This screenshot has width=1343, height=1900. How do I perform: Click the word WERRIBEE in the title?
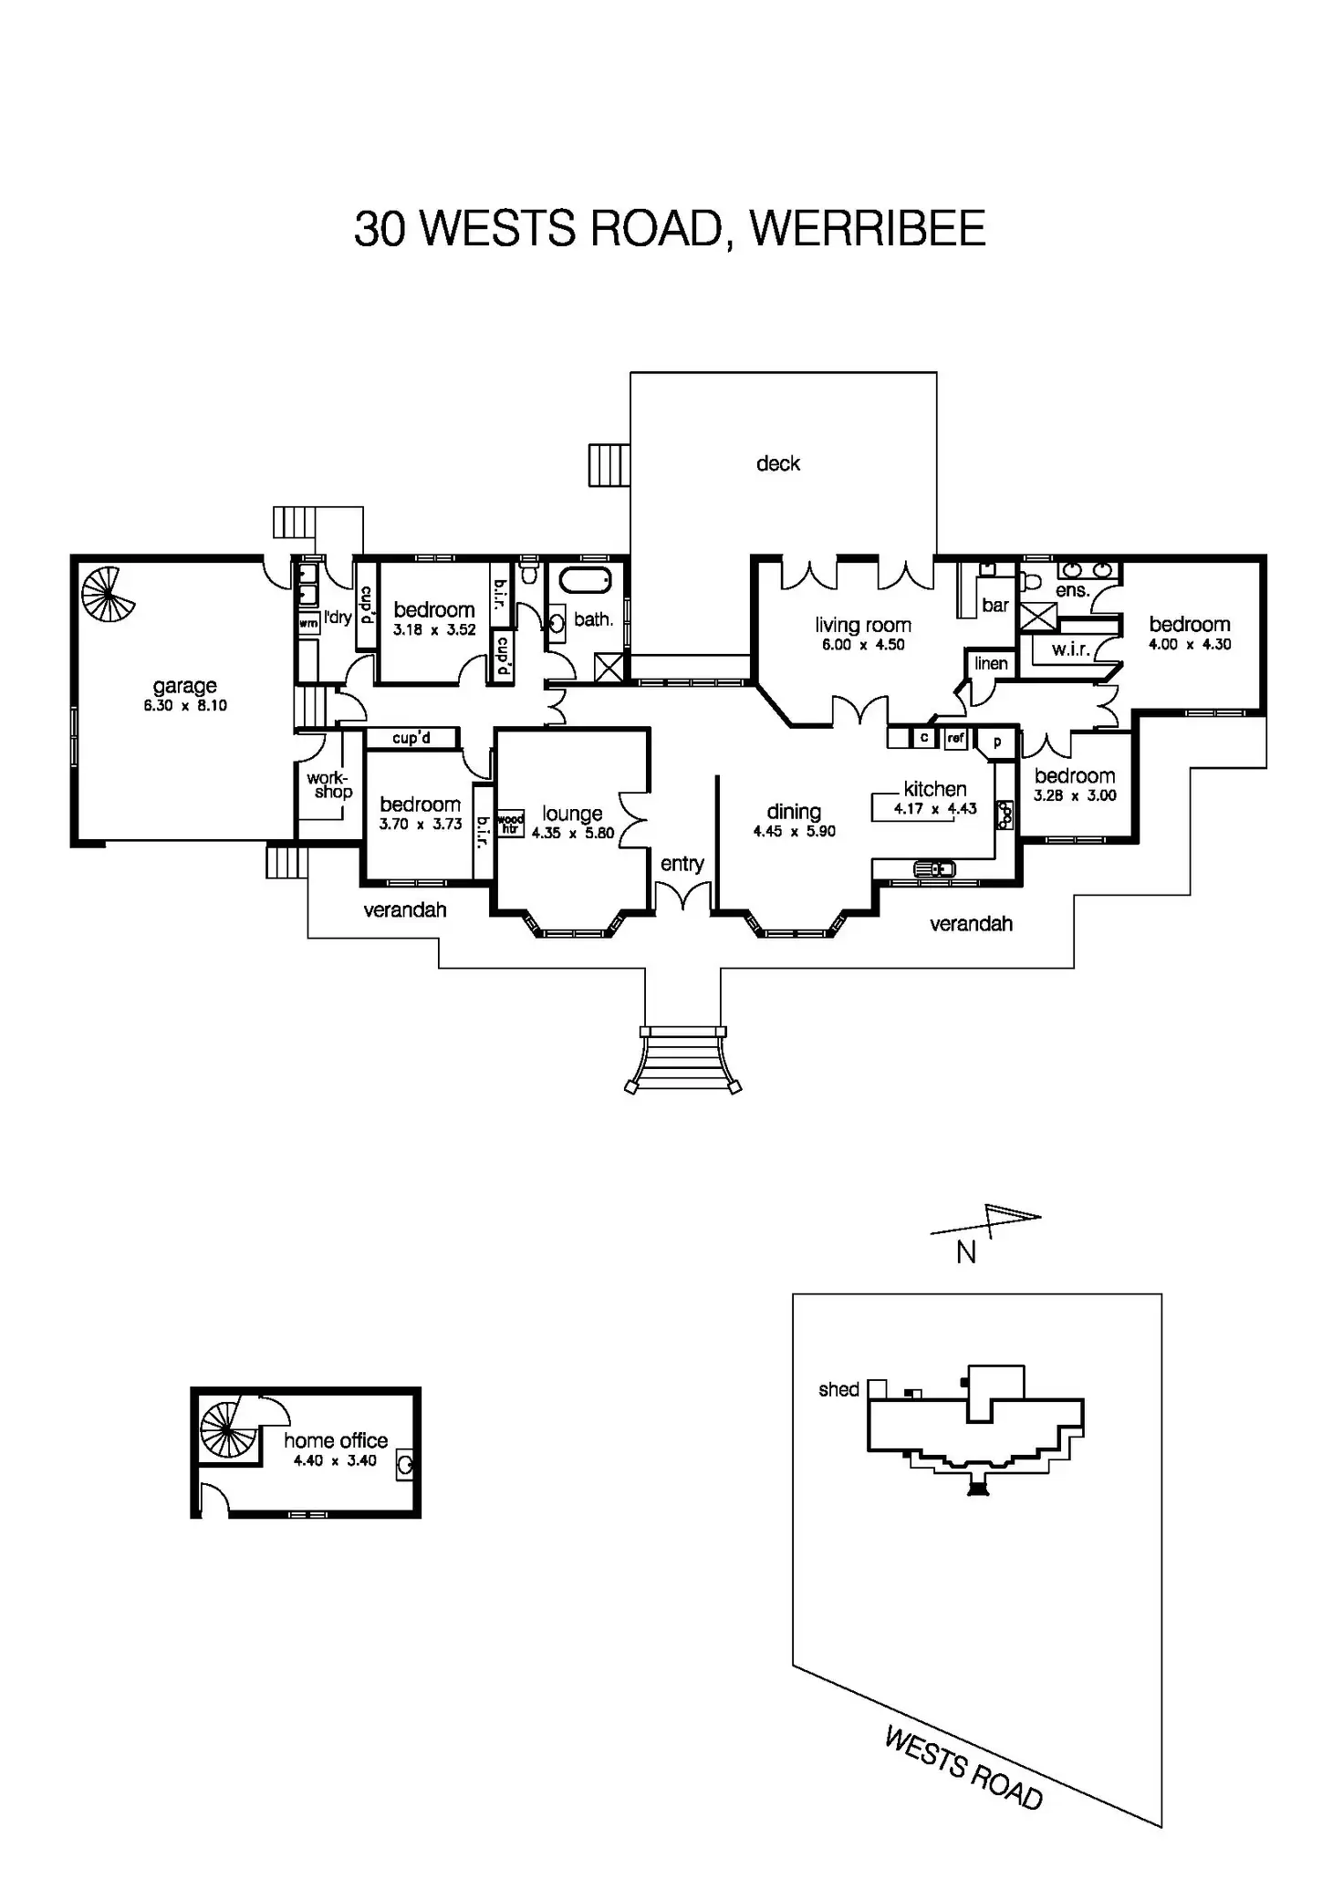coord(867,229)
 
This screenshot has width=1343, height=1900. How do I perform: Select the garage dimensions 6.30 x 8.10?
coord(185,706)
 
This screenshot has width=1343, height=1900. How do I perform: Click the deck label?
coord(778,463)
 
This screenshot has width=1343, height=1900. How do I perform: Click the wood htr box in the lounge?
coord(510,824)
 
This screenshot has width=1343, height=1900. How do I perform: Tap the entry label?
coord(682,864)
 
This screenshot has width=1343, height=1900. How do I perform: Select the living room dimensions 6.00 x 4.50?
coord(862,645)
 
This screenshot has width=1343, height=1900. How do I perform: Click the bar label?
coord(995,605)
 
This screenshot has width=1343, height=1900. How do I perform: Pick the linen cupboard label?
coord(991,663)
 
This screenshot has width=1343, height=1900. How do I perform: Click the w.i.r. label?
coord(1070,649)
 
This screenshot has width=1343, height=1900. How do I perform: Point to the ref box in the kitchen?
coord(955,738)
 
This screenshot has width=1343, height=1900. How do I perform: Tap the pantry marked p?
coord(997,742)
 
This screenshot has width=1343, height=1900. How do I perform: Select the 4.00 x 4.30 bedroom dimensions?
coord(1190,644)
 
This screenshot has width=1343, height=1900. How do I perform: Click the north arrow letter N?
coord(966,1253)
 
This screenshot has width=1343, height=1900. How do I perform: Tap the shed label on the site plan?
coord(838,1389)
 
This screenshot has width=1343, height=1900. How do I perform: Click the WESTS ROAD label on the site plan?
coord(963,1768)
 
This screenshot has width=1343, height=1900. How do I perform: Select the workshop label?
coord(328,784)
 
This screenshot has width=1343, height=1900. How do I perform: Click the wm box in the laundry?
coord(308,623)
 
